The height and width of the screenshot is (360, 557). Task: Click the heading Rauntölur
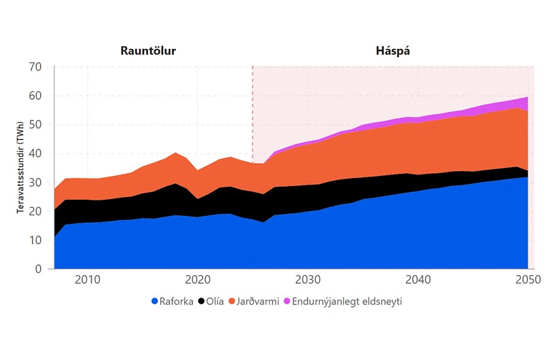coord(153,51)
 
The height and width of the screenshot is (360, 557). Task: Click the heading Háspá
coord(393,51)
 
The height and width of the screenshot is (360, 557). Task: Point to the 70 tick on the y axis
coord(35,67)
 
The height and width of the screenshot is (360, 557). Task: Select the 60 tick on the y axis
coord(35,96)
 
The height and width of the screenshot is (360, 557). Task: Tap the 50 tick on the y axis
coord(35,125)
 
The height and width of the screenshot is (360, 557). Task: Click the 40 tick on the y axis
coord(35,154)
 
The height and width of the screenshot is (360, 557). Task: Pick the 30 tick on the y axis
coord(35,183)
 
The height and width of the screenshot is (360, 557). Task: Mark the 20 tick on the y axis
coord(35,212)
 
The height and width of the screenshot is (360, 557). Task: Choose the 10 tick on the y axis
coord(35,240)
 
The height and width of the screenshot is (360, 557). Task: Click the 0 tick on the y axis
coord(39,270)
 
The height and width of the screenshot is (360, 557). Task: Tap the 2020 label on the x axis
coord(198,280)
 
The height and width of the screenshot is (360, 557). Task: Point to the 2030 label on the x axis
coord(308,280)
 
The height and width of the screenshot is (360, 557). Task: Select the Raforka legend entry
coord(171,301)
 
